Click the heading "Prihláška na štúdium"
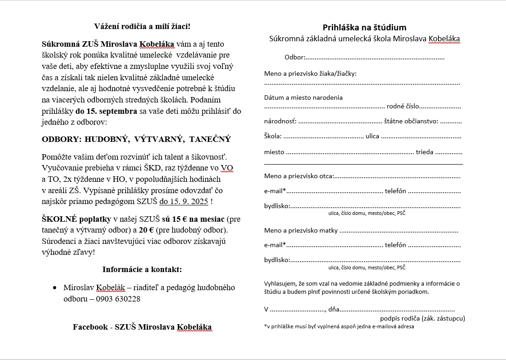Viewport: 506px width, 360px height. tap(364, 28)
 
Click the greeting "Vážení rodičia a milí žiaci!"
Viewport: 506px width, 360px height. tap(142, 26)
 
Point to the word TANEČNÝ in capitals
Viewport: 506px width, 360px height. tap(210, 139)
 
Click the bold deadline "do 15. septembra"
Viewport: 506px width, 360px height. tap(106, 111)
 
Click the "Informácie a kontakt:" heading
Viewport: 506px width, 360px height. tap(142, 269)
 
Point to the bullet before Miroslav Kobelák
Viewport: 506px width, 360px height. tap(55, 287)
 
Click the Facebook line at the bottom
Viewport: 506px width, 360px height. tap(142, 327)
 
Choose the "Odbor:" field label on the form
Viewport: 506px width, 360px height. tap(295, 58)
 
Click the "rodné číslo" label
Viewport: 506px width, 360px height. tap(403, 106)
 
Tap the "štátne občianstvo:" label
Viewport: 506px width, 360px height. tap(411, 121)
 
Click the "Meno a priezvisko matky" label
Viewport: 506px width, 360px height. tap(301, 230)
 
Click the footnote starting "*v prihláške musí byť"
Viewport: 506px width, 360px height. tap(339, 326)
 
